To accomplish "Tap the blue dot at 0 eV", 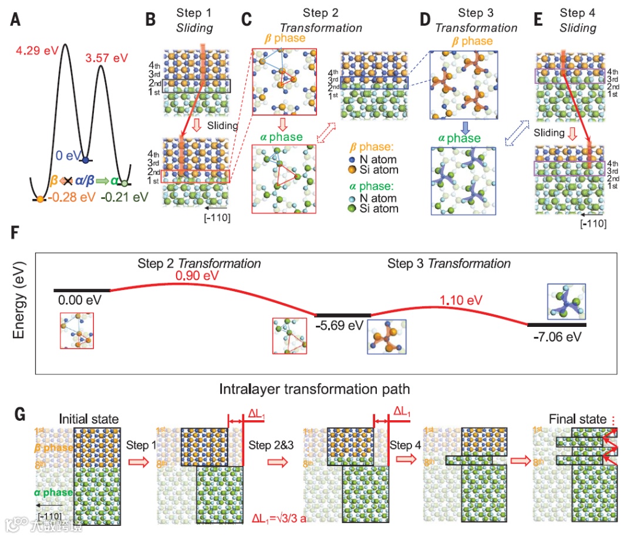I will tap(86, 160).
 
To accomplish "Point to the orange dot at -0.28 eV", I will tap(40, 200).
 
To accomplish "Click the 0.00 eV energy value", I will tap(80, 300).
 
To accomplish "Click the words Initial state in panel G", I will tap(89, 420).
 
